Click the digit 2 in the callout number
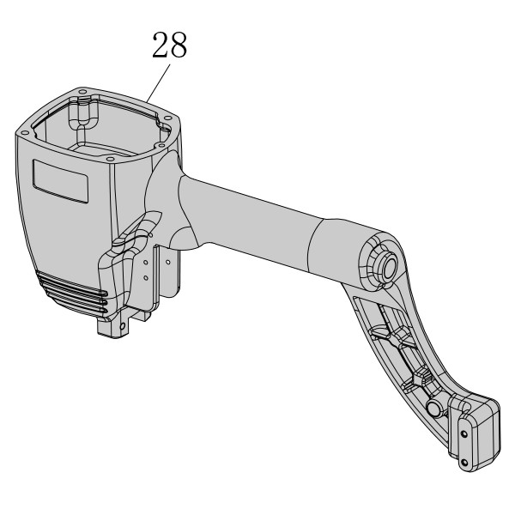(161, 45)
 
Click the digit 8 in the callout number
(179, 45)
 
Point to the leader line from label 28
(159, 82)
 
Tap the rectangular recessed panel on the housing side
(60, 181)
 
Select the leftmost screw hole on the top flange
(24, 133)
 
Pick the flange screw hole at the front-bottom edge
(111, 160)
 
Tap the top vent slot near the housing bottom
(72, 284)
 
